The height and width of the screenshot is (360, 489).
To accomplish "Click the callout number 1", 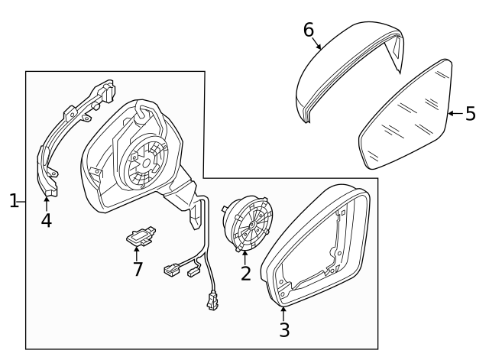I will point(13,201).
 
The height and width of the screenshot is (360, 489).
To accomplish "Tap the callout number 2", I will point(245,273).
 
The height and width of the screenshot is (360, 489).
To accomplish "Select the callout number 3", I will point(284,330).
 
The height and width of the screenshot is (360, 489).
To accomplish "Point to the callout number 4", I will point(47,220).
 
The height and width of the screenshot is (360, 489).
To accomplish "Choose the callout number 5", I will point(470,114).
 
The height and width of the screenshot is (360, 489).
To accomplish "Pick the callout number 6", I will point(309,30).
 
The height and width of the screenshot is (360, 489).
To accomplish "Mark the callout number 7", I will point(138,268).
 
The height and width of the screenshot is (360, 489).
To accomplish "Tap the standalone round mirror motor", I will point(246,222).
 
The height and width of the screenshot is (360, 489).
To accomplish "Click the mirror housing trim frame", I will point(317,245).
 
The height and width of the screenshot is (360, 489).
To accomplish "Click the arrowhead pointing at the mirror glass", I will point(450,114).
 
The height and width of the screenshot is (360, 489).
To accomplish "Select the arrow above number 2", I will point(244,253).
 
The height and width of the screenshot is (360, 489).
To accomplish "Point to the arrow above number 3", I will point(283,310).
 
